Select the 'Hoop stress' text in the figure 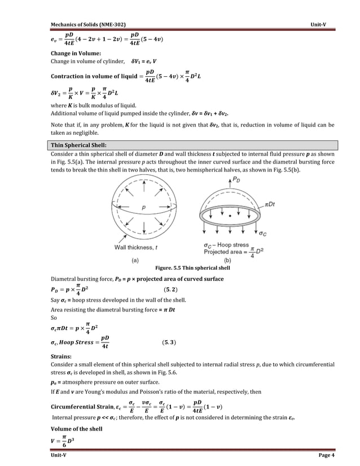232,245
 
